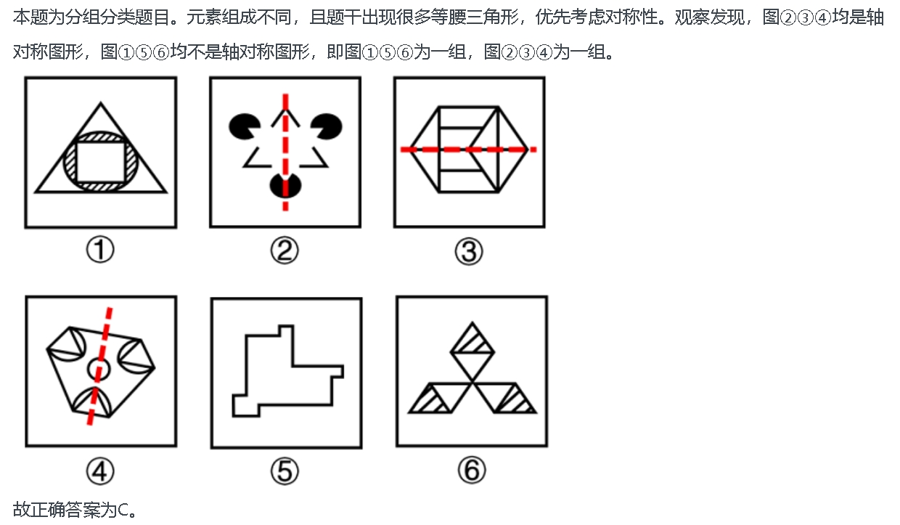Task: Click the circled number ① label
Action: (100, 250)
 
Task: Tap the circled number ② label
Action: (285, 250)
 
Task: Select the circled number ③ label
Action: (469, 251)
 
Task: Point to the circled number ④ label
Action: (100, 471)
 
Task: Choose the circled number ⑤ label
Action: (285, 471)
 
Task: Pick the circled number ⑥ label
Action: (472, 470)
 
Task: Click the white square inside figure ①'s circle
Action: (100, 163)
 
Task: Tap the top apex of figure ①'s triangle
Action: (101, 103)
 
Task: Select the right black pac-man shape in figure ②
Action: (327, 126)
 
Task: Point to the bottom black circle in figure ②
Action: (285, 185)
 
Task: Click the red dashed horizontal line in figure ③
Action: (468, 150)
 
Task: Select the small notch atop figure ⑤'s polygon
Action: (286, 330)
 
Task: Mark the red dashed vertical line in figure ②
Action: (285, 152)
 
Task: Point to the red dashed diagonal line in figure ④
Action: (99, 366)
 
